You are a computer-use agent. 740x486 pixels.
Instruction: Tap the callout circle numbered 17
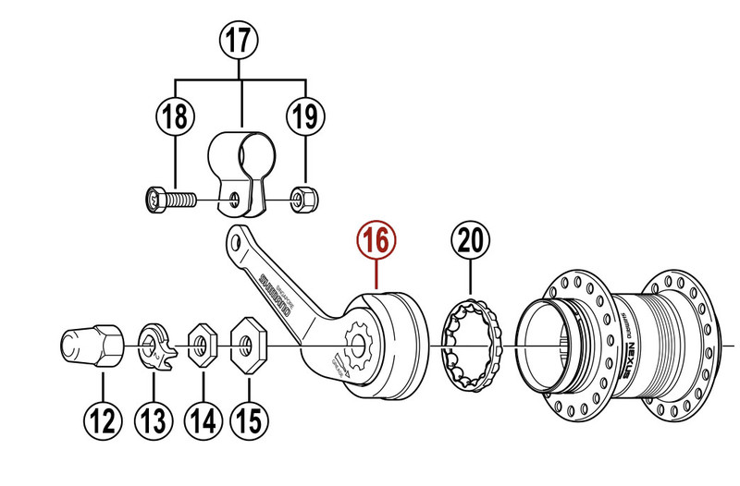[x=241, y=40]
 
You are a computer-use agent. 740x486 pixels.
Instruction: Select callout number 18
[x=176, y=116]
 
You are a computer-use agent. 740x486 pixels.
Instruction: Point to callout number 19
[x=305, y=116]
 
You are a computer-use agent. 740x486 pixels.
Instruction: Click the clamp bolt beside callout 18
[x=167, y=198]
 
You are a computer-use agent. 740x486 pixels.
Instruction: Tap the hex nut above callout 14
[x=198, y=346]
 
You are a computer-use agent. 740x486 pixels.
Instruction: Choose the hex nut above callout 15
[x=246, y=345]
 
